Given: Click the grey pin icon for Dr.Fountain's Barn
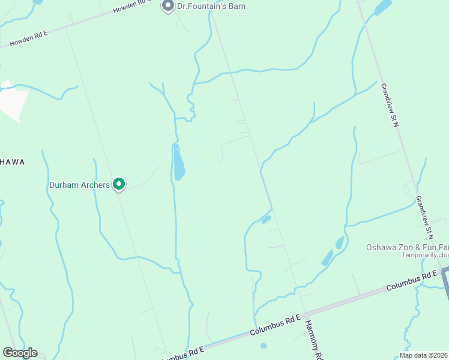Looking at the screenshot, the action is [167, 6].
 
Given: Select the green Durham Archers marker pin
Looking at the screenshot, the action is [119, 184].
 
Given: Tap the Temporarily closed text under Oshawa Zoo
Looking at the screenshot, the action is [425, 255].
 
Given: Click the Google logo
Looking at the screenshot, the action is [20, 353].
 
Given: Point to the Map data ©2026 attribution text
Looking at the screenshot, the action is [423, 355].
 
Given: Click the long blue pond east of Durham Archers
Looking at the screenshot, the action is [178, 163].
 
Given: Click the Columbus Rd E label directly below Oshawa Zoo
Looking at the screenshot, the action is [412, 281].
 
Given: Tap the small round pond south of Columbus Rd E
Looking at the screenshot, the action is [264, 346].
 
